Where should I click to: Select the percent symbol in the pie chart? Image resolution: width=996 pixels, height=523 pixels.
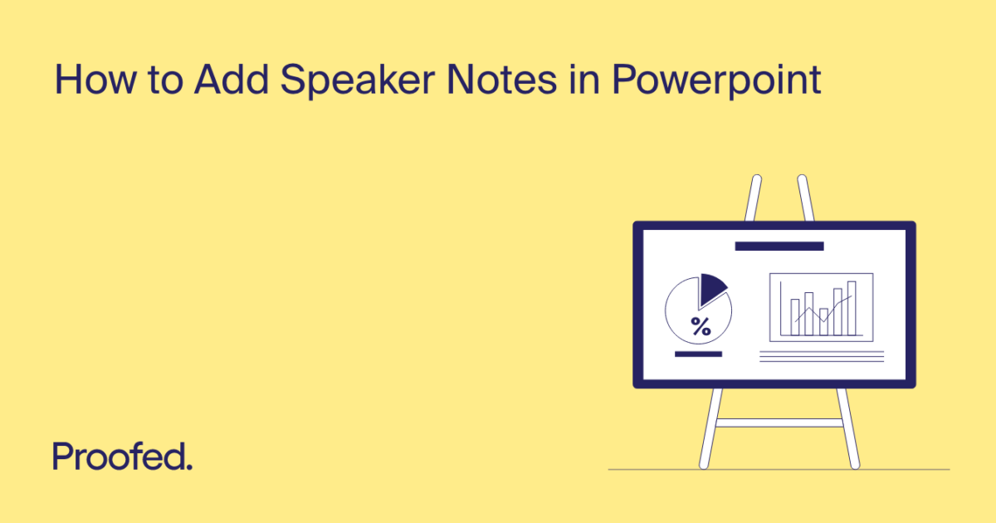pos(701,327)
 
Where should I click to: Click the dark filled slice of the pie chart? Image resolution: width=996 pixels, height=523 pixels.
pos(710,288)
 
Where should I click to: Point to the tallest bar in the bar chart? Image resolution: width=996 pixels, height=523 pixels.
pos(851,307)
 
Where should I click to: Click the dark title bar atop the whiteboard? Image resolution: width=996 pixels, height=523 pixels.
pos(779,246)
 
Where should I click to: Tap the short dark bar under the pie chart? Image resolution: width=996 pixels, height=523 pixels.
pos(698,354)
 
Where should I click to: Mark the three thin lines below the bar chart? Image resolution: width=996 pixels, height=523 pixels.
pos(822,356)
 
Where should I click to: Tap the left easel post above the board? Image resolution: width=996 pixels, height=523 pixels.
pos(753,198)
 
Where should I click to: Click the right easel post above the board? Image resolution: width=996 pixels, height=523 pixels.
pos(806,198)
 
